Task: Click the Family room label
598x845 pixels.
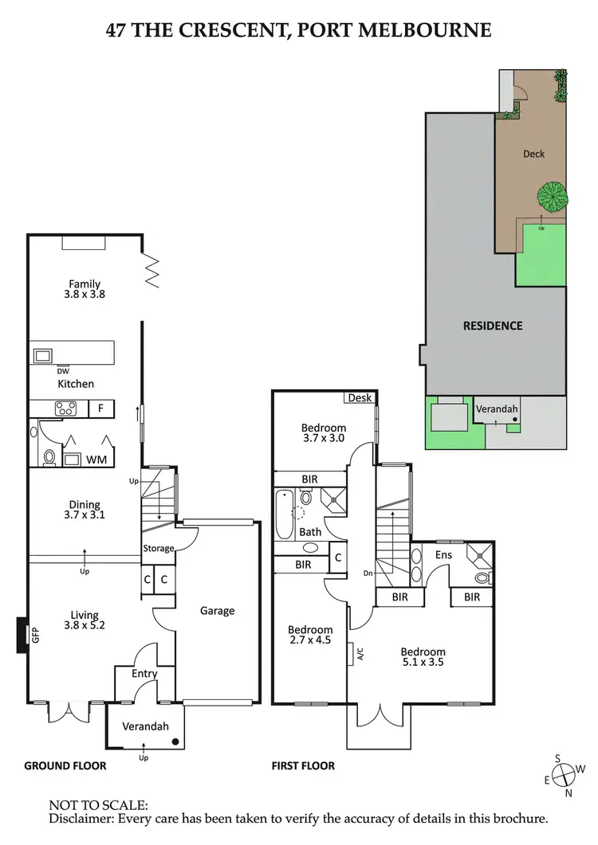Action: point(85,284)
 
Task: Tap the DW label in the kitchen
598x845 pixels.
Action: point(63,370)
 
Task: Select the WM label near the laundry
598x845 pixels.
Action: point(96,460)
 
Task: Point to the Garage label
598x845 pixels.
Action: point(217,611)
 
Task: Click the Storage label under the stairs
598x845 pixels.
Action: point(159,549)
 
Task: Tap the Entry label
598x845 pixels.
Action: point(144,674)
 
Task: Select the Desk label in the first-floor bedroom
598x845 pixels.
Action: point(360,398)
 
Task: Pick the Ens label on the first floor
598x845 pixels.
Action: point(444,554)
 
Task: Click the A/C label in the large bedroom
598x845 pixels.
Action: point(360,655)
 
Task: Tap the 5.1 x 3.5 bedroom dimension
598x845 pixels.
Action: point(423,661)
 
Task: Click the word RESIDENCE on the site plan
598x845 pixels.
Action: point(494,326)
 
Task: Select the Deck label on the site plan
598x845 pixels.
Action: point(533,154)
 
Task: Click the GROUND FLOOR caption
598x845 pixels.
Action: point(65,766)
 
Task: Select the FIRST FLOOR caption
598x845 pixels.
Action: point(304,766)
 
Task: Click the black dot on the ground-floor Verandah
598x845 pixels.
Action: point(175,741)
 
